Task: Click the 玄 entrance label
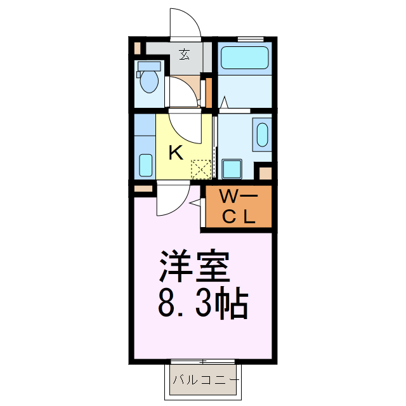[184, 55]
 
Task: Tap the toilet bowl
[150, 81]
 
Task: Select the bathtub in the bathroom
[244, 58]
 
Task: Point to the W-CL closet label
[238, 207]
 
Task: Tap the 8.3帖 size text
[202, 305]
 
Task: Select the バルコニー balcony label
[204, 381]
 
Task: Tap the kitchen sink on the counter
[145, 166]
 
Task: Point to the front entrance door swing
[186, 24]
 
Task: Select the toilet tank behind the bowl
[150, 65]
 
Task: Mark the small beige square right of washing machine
[265, 173]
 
